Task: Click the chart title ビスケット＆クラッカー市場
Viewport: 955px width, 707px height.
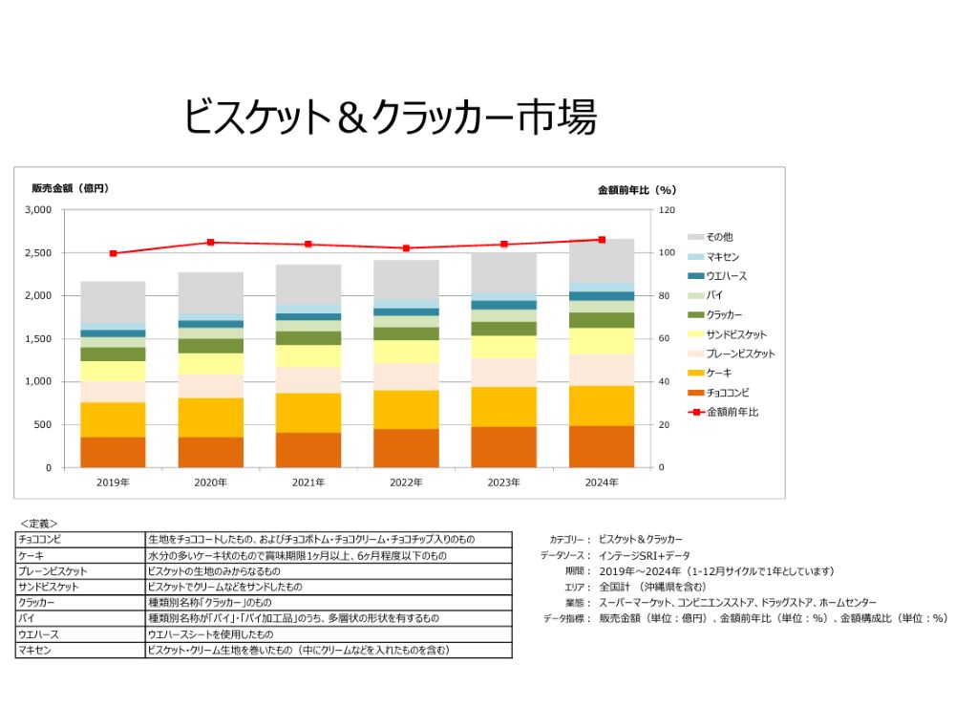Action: pos(390,118)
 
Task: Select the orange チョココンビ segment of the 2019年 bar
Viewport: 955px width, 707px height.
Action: pos(113,452)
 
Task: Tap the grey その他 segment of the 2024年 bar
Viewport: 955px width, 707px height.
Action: pos(602,260)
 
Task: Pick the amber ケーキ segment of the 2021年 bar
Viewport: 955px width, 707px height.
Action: pos(308,413)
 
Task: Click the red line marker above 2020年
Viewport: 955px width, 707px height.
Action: pos(211,243)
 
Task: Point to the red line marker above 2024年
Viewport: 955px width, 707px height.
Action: pos(602,240)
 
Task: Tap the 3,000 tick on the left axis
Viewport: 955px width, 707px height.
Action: pos(38,210)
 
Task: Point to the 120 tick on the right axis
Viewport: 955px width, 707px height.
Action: pos(667,210)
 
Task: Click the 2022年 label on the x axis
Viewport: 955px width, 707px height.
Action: pos(406,482)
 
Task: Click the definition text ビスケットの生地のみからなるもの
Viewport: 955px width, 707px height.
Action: pos(214,570)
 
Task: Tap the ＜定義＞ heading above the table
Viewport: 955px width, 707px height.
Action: pos(39,524)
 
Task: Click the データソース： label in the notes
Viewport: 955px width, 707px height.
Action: pos(565,555)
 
